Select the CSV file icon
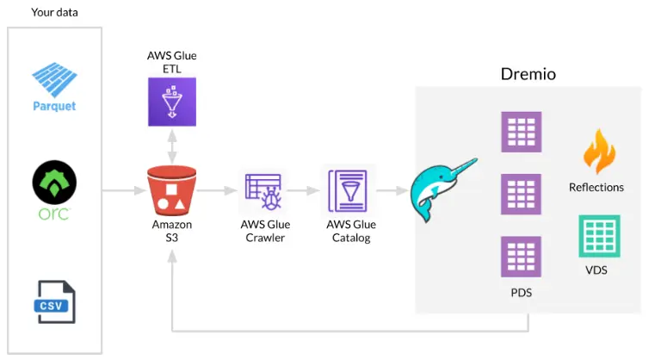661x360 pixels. tap(55, 302)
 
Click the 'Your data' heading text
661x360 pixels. tap(55, 12)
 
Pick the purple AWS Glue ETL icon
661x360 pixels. tap(171, 100)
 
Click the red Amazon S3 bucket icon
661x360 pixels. tap(171, 190)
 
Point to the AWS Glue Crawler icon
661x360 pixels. tap(264, 190)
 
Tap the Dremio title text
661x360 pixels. tap(528, 74)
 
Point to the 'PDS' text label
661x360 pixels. tap(521, 293)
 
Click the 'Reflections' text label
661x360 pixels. tap(596, 187)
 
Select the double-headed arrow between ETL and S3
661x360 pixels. tap(171, 146)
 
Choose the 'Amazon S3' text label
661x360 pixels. tap(171, 231)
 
